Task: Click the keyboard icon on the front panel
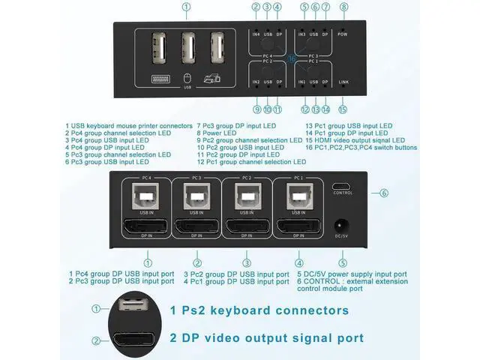(x=160, y=79)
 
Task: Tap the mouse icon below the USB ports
(x=187, y=78)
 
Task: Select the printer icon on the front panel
(x=215, y=77)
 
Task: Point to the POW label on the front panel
(x=343, y=34)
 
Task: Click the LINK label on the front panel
(x=343, y=81)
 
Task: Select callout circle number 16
(x=293, y=58)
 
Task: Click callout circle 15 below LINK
(x=343, y=109)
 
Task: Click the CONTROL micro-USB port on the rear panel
(x=342, y=184)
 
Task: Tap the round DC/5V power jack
(x=343, y=224)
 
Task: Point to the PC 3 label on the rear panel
(x=196, y=178)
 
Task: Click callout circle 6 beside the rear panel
(x=384, y=193)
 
